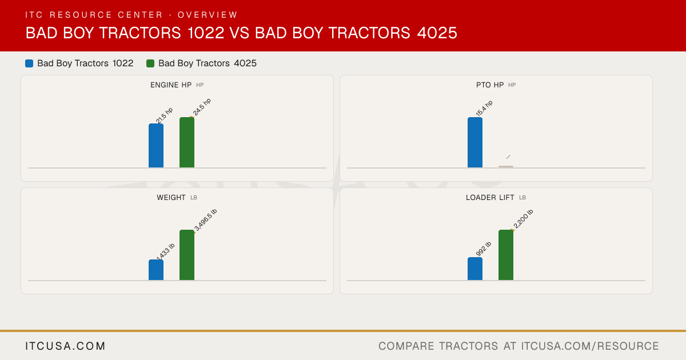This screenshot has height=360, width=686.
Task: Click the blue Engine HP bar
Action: click(x=156, y=146)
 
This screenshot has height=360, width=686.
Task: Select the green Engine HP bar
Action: click(x=187, y=142)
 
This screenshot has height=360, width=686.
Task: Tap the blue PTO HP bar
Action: click(x=475, y=142)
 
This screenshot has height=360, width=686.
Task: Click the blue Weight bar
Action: click(x=156, y=270)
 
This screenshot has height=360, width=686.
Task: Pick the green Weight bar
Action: click(x=187, y=255)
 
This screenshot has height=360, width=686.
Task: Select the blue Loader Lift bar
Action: click(x=475, y=269)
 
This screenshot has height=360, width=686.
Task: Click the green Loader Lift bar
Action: click(x=506, y=255)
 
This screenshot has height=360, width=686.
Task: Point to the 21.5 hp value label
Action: click(x=165, y=115)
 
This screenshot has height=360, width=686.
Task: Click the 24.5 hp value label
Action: click(x=202, y=107)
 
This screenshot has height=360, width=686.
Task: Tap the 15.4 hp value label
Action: click(x=484, y=108)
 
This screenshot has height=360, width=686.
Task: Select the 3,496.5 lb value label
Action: click(x=205, y=220)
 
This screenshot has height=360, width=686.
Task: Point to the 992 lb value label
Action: click(x=484, y=249)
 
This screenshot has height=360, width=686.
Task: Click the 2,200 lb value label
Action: click(x=524, y=219)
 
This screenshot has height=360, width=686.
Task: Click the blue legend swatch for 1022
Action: click(x=29, y=63)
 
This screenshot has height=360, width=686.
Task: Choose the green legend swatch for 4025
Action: click(x=150, y=63)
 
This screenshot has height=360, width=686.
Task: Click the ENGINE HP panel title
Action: click(x=171, y=85)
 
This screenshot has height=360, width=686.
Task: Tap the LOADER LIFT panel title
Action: click(x=490, y=198)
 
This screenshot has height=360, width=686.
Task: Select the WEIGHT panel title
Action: click(x=171, y=198)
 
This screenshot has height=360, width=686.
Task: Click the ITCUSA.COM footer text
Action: click(x=65, y=346)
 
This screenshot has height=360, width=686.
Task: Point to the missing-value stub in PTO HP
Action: click(x=506, y=166)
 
